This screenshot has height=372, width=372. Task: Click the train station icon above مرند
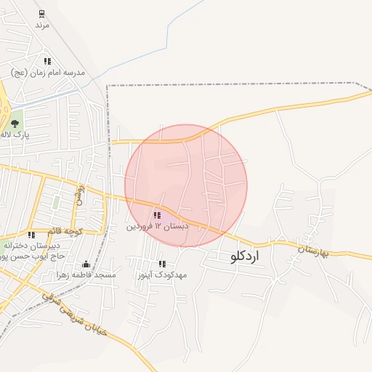pyautogui.click(x=41, y=14)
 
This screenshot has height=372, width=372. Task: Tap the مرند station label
pyautogui.click(x=41, y=25)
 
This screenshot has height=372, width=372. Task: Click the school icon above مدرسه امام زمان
pyautogui.click(x=48, y=62)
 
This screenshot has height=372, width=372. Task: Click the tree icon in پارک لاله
pyautogui.click(x=15, y=124)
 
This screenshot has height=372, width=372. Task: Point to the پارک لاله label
pyautogui.click(x=14, y=135)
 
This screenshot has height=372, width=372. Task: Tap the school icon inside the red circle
pyautogui.click(x=157, y=215)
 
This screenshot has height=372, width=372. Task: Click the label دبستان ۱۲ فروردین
pyautogui.click(x=158, y=227)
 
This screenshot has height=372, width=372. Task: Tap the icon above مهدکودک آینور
pyautogui.click(x=162, y=264)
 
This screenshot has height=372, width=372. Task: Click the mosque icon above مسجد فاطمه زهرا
pyautogui.click(x=86, y=264)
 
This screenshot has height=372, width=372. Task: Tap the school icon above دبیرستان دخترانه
pyautogui.click(x=31, y=235)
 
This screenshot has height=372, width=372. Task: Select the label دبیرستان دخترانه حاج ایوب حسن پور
pyautogui.click(x=34, y=251)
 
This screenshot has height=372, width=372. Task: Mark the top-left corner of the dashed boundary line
pyautogui.click(x=108, y=86)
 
